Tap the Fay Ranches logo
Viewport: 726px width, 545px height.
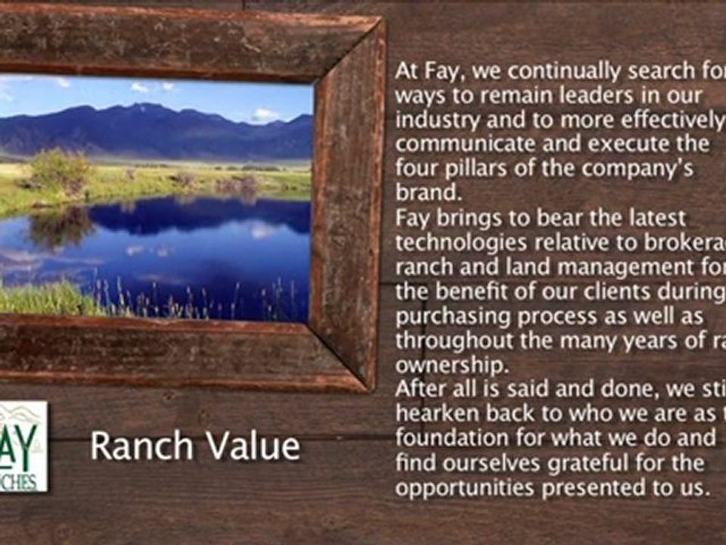(23, 446)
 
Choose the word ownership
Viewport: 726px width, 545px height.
(450, 365)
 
